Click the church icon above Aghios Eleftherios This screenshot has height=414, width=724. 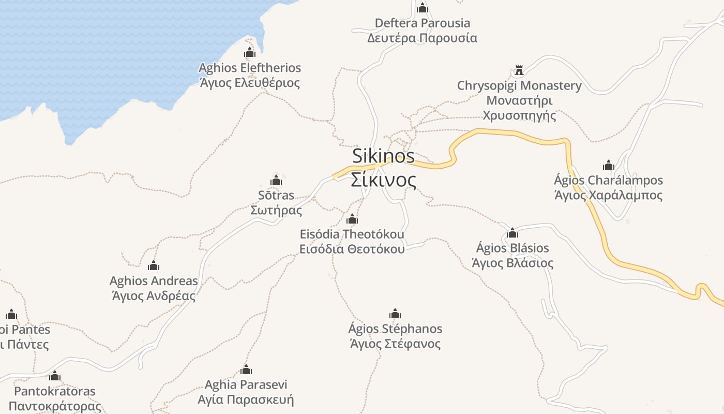coord(250,52)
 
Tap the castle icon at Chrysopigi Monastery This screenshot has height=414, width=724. coord(519,70)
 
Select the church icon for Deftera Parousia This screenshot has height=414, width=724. coord(423,8)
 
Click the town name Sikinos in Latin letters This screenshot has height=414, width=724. coord(383,156)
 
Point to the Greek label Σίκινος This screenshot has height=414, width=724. coord(383,180)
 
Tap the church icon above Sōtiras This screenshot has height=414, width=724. coord(276,180)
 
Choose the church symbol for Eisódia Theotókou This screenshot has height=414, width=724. coord(352,219)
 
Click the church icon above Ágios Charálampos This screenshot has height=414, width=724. coord(609,165)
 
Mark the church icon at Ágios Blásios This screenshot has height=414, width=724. coord(512,233)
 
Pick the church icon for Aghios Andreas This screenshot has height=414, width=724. coord(154,266)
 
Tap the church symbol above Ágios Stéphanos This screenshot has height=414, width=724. coord(395,314)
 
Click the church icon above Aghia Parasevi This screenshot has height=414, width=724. coord(246,369)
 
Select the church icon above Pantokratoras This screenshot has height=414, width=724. coord(55,376)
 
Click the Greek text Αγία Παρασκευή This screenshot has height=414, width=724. coord(246,400)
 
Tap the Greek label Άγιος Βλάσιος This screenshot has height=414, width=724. coord(512,263)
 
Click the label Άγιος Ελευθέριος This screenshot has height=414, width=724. coord(250,83)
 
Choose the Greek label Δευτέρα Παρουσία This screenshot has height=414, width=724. coord(422,38)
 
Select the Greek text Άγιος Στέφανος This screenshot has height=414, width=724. coord(395,344)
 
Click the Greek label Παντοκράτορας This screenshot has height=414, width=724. coord(55,406)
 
